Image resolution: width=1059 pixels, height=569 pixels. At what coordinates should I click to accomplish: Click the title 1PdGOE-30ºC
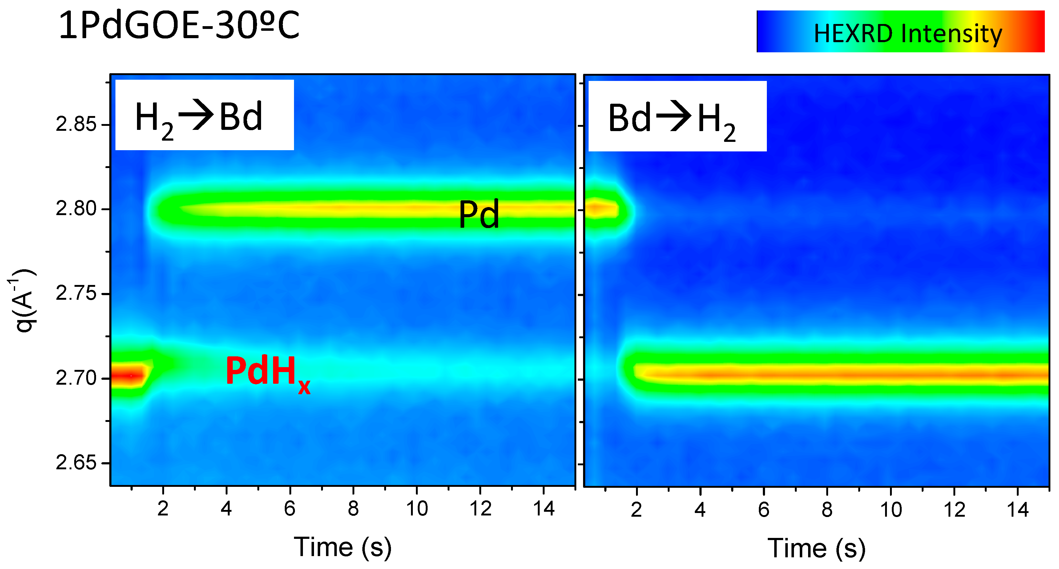pyautogui.click(x=179, y=26)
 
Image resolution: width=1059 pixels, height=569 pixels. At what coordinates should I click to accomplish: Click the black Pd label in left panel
pyautogui.click(x=479, y=214)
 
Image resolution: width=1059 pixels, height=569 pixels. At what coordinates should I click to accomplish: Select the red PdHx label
pyautogui.click(x=268, y=373)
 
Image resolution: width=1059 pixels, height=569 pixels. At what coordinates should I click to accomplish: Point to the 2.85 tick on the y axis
pyautogui.click(x=76, y=125)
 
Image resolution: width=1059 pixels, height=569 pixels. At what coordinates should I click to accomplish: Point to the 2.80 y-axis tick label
pyautogui.click(x=76, y=209)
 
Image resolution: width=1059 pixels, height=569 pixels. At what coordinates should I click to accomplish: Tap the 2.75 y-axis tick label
pyautogui.click(x=76, y=294)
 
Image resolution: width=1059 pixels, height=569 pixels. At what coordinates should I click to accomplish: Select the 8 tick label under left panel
pyautogui.click(x=353, y=509)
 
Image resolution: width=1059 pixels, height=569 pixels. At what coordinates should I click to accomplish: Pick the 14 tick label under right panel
pyautogui.click(x=1017, y=510)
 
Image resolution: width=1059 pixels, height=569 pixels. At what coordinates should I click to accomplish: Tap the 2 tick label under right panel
pyautogui.click(x=636, y=510)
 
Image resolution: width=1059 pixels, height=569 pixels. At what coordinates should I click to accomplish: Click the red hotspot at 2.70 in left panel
pyautogui.click(x=130, y=375)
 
